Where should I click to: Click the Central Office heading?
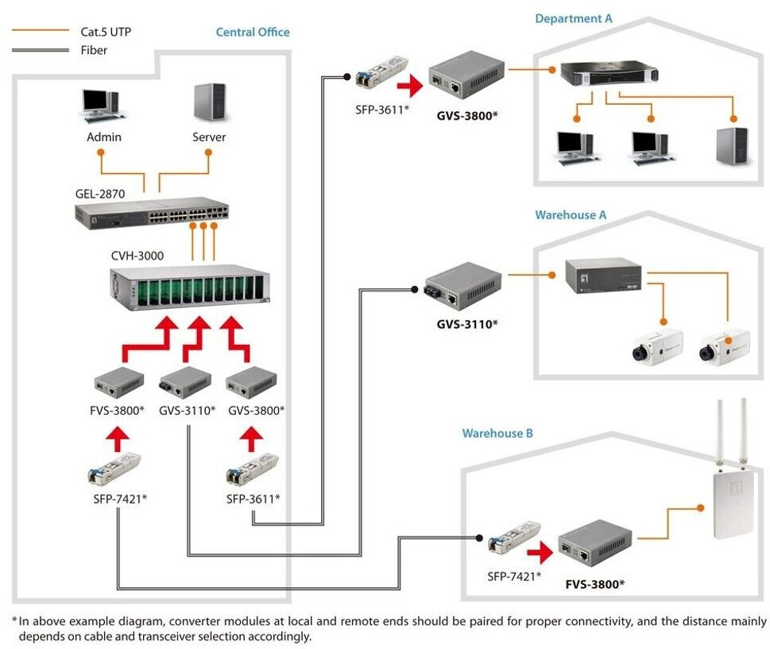coord(253,33)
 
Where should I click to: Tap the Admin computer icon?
coord(101,105)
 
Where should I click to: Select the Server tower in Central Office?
coord(209,103)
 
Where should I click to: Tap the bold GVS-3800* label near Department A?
coord(466,115)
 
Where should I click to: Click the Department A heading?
coord(574,17)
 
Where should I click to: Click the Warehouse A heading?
coord(571,214)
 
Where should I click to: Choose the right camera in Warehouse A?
coord(724,344)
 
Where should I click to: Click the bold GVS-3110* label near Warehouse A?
coord(466,323)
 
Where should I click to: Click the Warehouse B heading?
coord(497,434)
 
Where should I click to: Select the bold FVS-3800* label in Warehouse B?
coord(595,584)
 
